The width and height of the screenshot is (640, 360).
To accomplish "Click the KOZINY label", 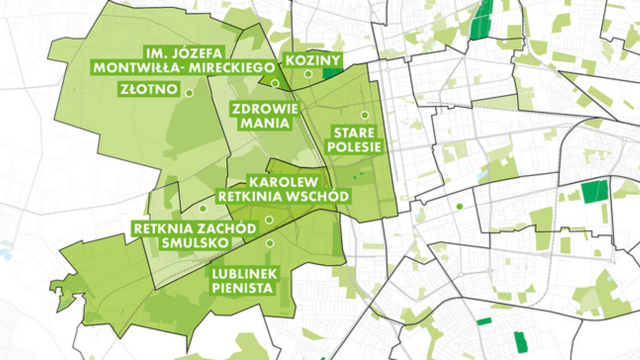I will pyautogui.click(x=312, y=60).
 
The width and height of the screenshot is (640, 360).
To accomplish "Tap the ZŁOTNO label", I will pyautogui.click(x=149, y=89).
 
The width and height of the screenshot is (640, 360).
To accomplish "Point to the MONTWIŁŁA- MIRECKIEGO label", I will pyautogui.click(x=184, y=67).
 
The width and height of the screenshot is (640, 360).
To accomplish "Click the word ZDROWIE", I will pyautogui.click(x=264, y=108).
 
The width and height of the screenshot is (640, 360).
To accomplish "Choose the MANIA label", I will pyautogui.click(x=264, y=123).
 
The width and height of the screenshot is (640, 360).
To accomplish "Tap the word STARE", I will pyautogui.click(x=354, y=133).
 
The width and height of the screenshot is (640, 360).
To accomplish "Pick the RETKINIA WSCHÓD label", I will pyautogui.click(x=283, y=195).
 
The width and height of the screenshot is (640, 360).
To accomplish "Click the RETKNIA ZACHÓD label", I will pyautogui.click(x=195, y=229).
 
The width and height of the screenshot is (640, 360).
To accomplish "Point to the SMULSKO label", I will pyautogui.click(x=195, y=243).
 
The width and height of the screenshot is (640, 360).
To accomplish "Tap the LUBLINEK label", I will pyautogui.click(x=245, y=273).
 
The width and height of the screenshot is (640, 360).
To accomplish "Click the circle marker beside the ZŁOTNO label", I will pyautogui.click(x=189, y=92).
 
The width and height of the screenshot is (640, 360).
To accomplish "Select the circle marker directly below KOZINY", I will pyautogui.click(x=308, y=74).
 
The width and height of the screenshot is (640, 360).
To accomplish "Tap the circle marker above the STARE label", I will pyautogui.click(x=364, y=115).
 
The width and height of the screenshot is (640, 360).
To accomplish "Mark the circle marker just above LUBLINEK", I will pyautogui.click(x=270, y=243).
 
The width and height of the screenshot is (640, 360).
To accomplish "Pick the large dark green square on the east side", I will pyautogui.click(x=595, y=191).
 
